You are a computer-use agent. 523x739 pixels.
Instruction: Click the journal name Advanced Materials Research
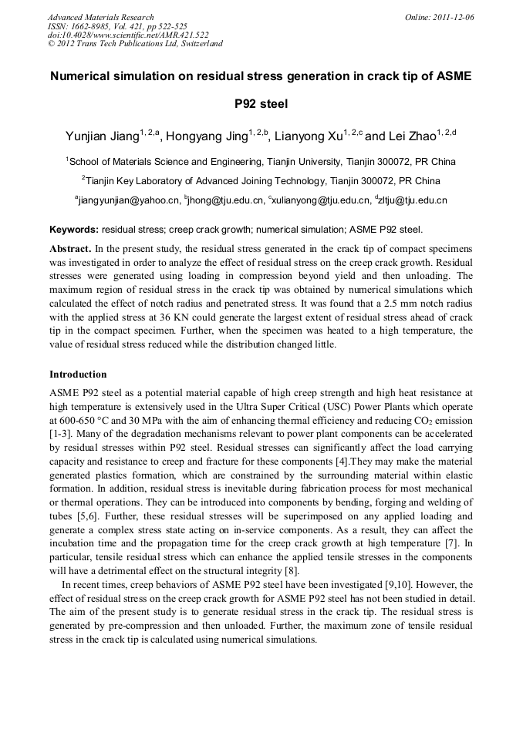point(100,17)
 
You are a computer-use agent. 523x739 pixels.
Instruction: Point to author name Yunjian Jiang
point(102,136)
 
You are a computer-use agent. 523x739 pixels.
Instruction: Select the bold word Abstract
point(71,250)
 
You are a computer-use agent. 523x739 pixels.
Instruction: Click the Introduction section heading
point(78,375)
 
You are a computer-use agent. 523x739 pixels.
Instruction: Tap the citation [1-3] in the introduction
point(62,435)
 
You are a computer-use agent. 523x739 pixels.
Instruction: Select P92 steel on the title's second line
point(261,103)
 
